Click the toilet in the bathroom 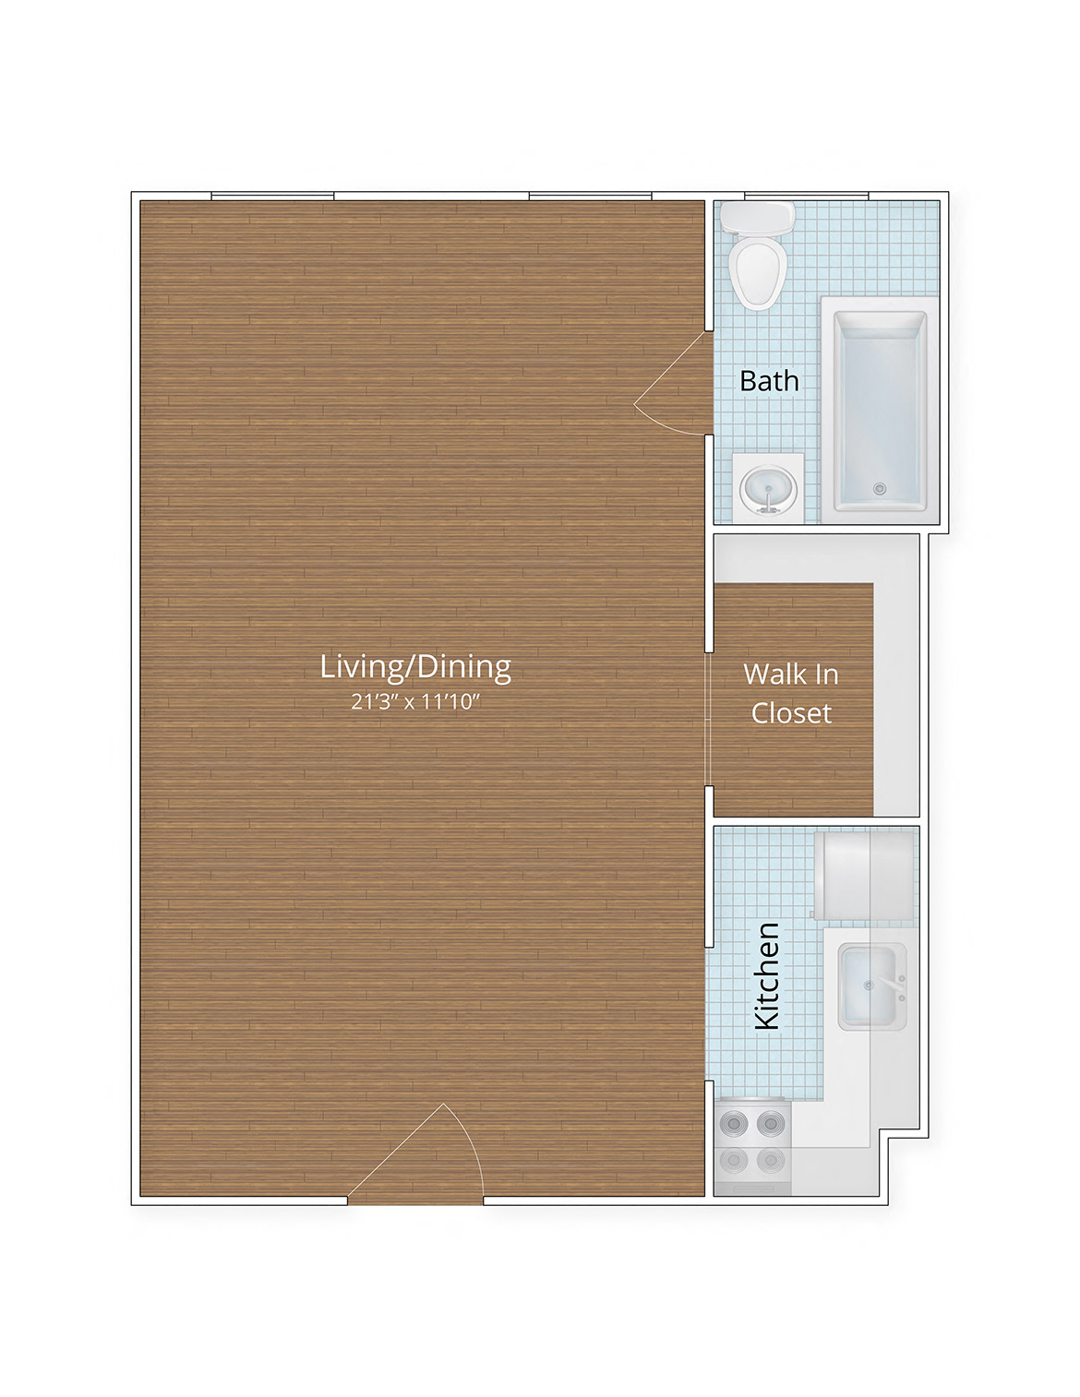(758, 268)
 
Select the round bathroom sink (768, 488)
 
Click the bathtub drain (880, 488)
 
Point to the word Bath (769, 381)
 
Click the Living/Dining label (415, 666)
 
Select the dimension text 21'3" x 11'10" (415, 702)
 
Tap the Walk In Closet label (791, 693)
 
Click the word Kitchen (767, 975)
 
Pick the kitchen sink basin (868, 985)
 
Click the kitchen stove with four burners (752, 1144)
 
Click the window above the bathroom (806, 196)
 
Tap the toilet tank (758, 219)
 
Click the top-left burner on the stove (735, 1123)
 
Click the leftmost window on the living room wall (272, 196)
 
